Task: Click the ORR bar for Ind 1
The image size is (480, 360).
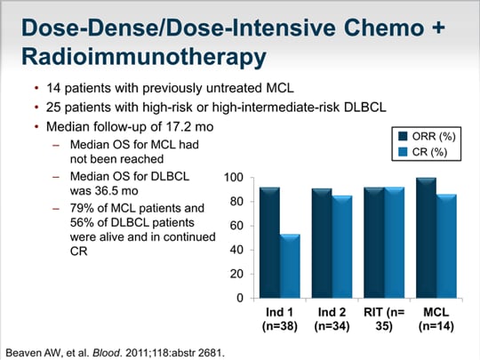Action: [x=269, y=243]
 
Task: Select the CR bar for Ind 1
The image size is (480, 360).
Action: [x=290, y=266]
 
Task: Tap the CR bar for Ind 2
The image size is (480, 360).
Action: [x=342, y=247]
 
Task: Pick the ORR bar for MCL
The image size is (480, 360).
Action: [x=426, y=238]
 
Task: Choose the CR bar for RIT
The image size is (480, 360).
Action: [x=395, y=243]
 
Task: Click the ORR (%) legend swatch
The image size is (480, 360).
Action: [x=403, y=136]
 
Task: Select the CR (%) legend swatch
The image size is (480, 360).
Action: [x=403, y=152]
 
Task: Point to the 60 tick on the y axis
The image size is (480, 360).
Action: [x=252, y=226]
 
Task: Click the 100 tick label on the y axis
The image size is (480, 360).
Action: [x=234, y=178]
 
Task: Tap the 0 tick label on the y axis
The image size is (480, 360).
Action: [x=240, y=298]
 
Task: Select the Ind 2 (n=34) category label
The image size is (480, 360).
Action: [x=332, y=319]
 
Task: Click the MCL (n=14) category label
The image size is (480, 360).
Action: [x=436, y=319]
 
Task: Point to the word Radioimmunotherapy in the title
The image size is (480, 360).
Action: [x=144, y=57]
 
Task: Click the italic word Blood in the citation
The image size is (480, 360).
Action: [x=107, y=353]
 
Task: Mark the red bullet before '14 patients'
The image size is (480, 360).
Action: [x=36, y=89]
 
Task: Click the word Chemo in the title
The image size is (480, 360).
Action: [x=384, y=28]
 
